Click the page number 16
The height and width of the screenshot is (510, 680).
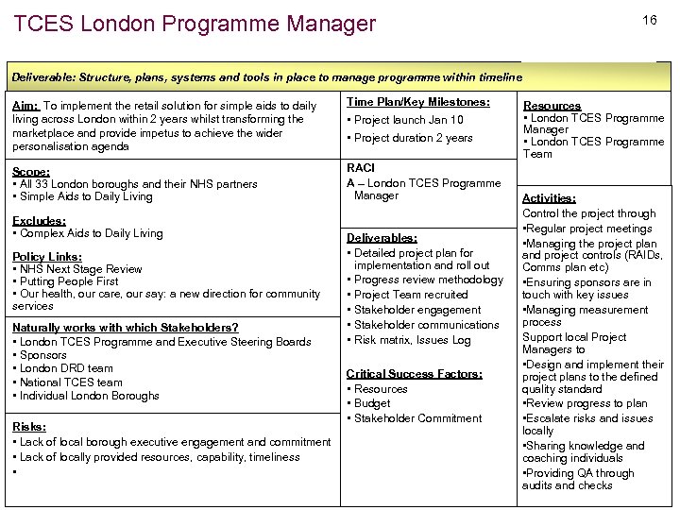point(649,20)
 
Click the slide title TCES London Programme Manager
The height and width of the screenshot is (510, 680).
point(195,24)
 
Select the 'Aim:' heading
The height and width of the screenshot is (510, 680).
point(25,106)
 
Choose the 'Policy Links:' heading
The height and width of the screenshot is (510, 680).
point(47,256)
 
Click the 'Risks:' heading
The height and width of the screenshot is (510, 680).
point(29,427)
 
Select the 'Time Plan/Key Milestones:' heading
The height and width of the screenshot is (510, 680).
point(417,102)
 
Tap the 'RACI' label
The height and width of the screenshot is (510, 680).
point(361,167)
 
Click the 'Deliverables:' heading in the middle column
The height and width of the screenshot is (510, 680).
point(382,238)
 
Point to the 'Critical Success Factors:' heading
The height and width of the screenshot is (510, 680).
point(414,374)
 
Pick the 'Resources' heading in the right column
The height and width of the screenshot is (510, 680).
point(552,106)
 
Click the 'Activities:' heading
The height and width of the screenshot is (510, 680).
point(549,198)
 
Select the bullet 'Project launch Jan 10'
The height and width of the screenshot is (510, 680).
point(408,120)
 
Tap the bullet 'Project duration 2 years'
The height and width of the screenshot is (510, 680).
point(413,138)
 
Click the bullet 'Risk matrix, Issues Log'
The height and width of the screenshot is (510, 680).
point(412,340)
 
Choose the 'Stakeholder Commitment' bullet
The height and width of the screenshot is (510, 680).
point(417,418)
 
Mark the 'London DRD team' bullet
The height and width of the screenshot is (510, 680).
point(66,368)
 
